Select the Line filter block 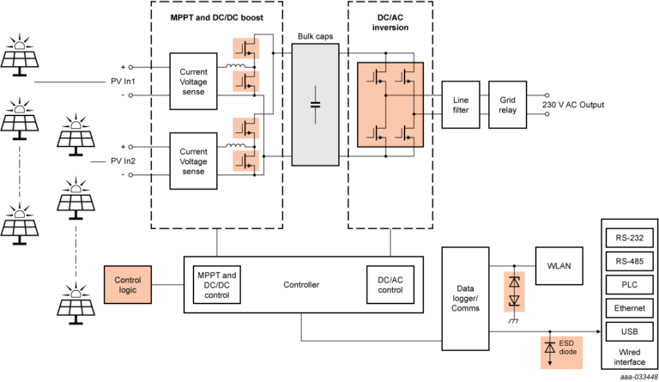click(x=461, y=105)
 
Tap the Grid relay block click(x=506, y=105)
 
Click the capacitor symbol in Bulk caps click(x=316, y=104)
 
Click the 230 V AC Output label click(x=573, y=105)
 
